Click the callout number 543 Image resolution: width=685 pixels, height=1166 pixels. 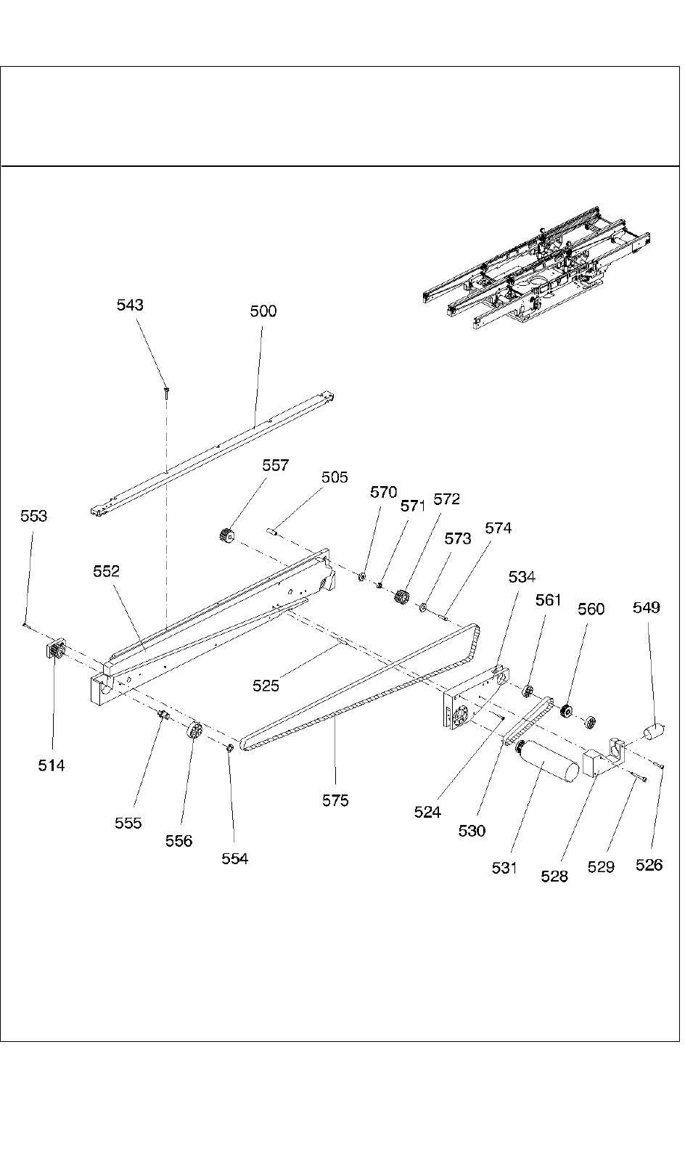point(130,305)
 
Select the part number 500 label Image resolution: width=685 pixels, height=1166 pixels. point(263,311)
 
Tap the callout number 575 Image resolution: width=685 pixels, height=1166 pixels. point(335,800)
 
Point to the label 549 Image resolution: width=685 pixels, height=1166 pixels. point(647,607)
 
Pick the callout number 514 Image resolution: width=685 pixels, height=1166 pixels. point(52,765)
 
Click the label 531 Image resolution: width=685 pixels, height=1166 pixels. point(504,867)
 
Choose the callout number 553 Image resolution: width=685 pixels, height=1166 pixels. point(33,516)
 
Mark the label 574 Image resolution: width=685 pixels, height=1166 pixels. point(498,528)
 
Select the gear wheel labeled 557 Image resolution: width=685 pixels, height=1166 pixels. point(226,536)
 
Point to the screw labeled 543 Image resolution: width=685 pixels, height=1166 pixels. point(166,392)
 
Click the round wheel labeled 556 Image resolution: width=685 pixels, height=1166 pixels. point(194,730)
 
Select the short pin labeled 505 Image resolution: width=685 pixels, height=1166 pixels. point(274,532)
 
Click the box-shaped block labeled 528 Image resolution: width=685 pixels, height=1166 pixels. point(594,763)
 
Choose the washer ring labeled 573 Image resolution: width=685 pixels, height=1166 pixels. point(424,607)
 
